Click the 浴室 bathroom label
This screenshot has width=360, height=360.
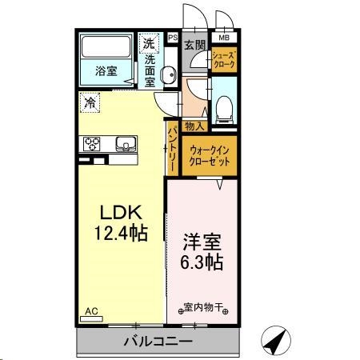(106, 70)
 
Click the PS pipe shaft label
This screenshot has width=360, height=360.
(172, 38)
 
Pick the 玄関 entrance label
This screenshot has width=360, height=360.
(194, 45)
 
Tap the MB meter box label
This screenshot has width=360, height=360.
(223, 38)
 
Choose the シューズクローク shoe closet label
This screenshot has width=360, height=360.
(223, 62)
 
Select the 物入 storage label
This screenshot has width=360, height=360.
(194, 125)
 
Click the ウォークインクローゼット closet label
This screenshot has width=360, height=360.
(210, 154)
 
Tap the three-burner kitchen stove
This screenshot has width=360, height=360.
(90, 144)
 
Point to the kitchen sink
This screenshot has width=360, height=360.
(126, 144)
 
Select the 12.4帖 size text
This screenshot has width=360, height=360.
(120, 234)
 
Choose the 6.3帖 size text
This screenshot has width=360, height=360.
(202, 262)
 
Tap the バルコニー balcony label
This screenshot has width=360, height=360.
(157, 342)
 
